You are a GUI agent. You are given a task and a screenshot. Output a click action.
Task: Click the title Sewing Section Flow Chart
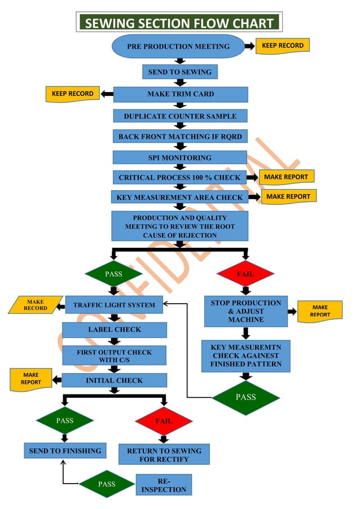tap(179, 23)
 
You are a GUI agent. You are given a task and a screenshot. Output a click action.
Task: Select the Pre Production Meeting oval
tap(178, 46)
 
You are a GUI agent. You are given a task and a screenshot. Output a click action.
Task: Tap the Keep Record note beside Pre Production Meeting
tap(282, 46)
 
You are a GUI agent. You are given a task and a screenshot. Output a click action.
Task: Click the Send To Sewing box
tap(179, 72)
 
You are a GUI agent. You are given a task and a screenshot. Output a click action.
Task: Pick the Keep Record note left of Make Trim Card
tap(72, 94)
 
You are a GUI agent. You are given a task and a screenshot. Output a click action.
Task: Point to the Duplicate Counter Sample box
tap(180, 116)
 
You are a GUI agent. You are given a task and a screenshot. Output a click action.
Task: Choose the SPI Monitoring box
tap(179, 157)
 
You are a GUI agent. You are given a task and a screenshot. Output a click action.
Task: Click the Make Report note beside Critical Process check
tap(286, 177)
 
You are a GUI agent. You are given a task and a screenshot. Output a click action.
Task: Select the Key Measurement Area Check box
tap(179, 198)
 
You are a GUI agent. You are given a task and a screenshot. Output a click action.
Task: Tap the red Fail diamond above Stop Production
tap(245, 274)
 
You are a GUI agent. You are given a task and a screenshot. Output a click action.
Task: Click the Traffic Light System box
tap(114, 305)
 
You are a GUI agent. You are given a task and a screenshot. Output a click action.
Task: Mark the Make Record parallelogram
tap(35, 305)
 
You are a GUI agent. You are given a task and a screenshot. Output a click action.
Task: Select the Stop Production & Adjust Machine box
tap(245, 311)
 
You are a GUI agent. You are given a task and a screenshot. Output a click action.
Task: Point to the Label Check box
tap(114, 330)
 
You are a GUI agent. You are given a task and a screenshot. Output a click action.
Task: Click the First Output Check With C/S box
tap(114, 356)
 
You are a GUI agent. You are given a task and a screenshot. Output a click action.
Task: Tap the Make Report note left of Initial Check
tap(30, 379)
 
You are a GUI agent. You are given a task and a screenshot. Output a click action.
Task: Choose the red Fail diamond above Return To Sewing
tap(164, 421)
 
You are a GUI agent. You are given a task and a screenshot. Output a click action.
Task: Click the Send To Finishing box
tap(65, 450)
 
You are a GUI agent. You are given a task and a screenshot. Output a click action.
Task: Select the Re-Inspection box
tap(164, 485)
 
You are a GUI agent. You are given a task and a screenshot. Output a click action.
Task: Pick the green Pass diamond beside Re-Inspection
tap(107, 484)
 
